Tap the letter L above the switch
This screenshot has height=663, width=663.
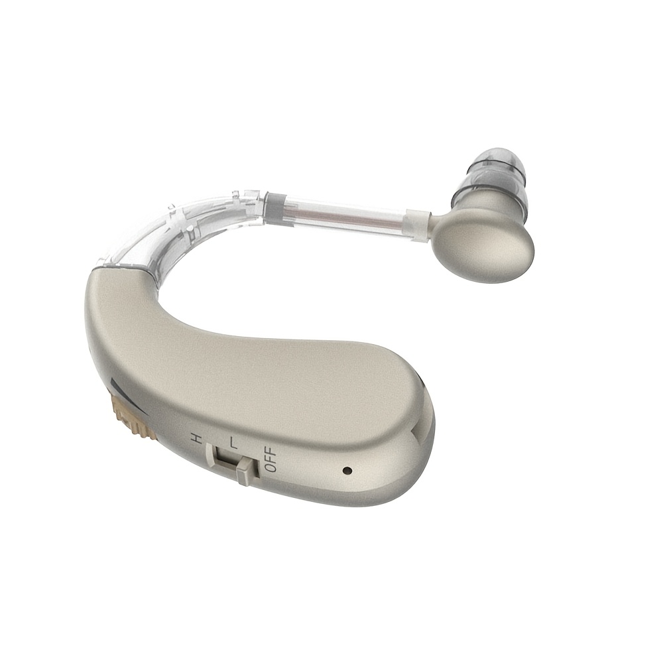point(233,444)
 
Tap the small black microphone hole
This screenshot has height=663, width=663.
point(347,470)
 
